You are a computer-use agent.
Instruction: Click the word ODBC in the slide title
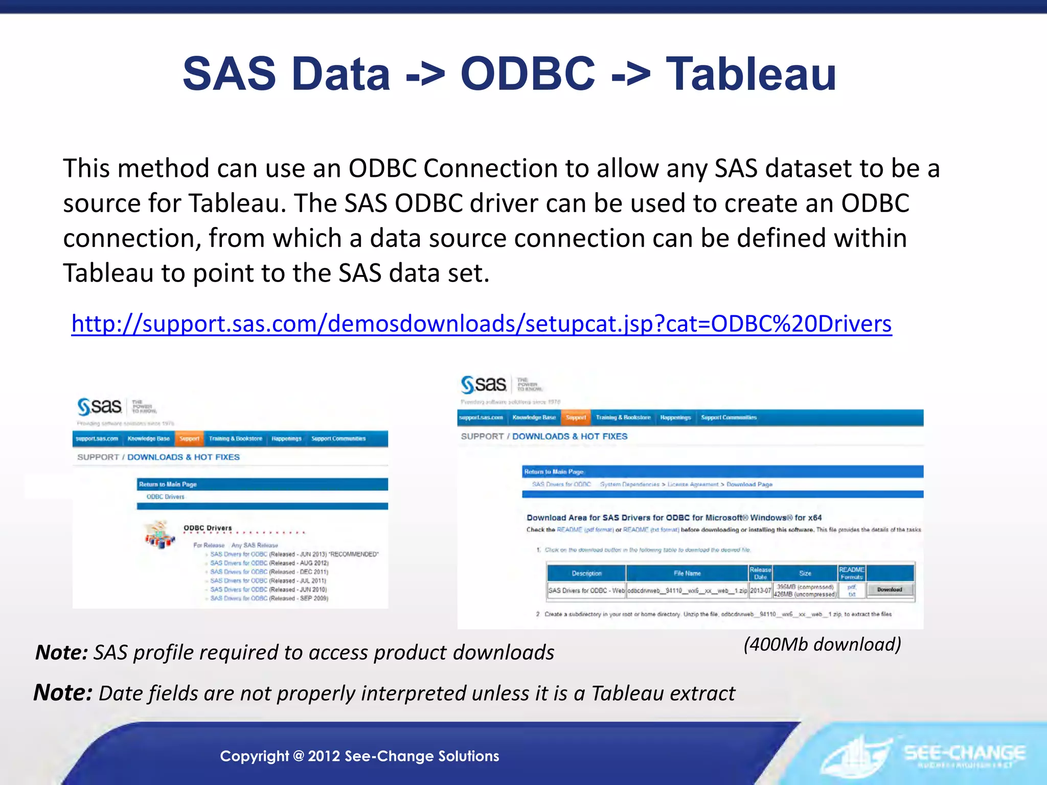528,74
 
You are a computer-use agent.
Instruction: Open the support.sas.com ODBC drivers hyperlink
481,324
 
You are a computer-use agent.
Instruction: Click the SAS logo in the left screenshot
100,407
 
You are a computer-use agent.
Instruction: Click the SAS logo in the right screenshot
484,384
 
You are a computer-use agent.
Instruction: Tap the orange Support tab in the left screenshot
189,438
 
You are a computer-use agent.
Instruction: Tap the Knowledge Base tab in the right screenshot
534,418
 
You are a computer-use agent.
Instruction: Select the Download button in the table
890,590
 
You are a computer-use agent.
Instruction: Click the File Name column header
687,573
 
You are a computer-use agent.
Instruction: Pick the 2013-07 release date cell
760,590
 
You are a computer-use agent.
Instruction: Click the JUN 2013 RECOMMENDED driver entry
294,554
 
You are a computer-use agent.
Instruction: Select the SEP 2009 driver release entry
269,598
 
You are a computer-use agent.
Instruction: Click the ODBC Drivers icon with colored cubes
160,535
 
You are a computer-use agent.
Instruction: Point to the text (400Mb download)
822,644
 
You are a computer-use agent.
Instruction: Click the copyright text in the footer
359,756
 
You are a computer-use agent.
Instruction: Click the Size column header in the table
805,573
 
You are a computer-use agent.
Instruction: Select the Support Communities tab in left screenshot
338,438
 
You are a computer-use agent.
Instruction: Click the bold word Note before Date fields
62,693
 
